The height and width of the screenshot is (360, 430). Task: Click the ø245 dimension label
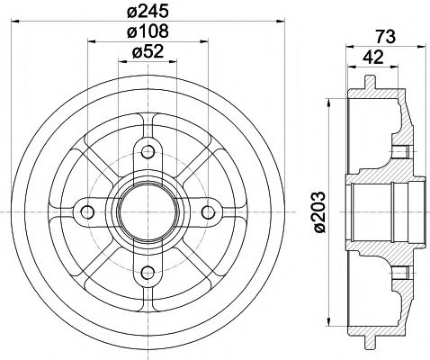click(x=148, y=13)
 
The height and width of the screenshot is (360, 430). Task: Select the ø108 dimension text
click(x=148, y=33)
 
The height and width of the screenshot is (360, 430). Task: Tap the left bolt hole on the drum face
click(x=87, y=211)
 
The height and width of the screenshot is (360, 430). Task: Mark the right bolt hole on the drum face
click(x=209, y=211)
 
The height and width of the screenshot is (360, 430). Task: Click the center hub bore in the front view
click(x=148, y=211)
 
